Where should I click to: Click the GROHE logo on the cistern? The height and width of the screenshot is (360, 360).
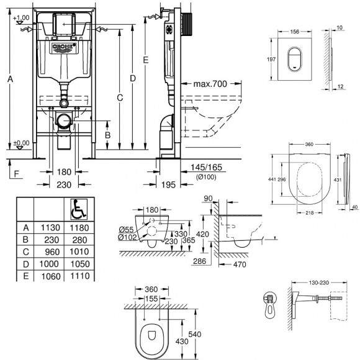tap(63, 46)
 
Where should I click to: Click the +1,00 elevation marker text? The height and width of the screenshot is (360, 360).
tap(21, 17)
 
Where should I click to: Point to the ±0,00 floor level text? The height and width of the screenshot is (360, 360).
tap(21, 143)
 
